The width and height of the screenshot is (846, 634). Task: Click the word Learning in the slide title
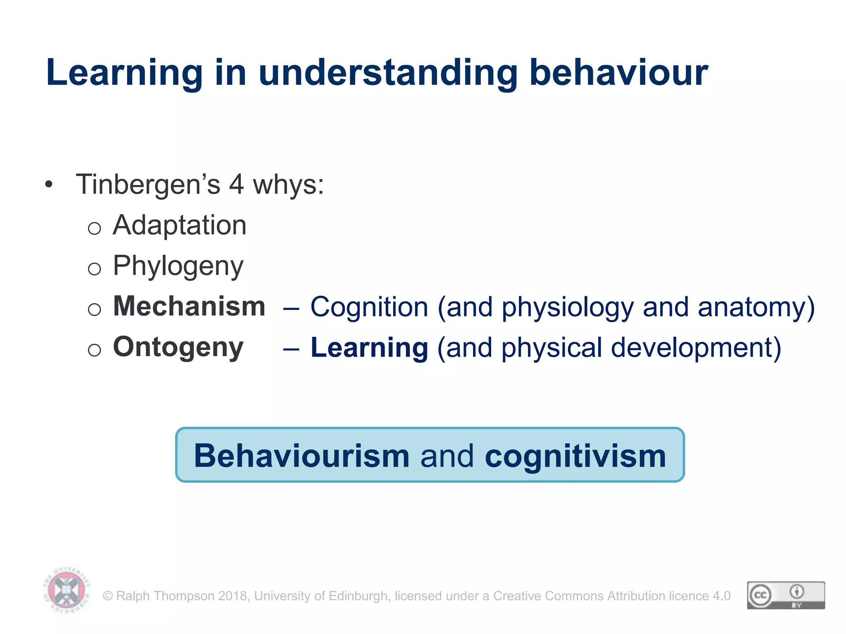(124, 73)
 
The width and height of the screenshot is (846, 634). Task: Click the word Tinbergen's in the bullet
(148, 185)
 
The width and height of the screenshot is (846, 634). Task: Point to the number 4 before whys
(236, 185)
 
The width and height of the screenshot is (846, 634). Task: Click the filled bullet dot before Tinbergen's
(49, 185)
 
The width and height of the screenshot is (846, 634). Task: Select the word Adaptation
(179, 225)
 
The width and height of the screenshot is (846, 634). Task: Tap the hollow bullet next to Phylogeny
(95, 269)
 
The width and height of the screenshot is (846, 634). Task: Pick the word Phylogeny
(178, 266)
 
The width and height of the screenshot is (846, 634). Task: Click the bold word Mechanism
(189, 307)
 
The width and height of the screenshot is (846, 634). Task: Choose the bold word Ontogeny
(178, 348)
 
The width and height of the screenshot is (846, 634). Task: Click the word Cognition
(369, 308)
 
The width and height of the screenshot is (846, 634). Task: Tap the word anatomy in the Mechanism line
(756, 308)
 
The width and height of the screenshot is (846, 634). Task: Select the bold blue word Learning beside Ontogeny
(369, 348)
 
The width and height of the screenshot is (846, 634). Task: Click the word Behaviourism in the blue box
(302, 456)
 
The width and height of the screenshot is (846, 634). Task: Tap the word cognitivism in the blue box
(575, 456)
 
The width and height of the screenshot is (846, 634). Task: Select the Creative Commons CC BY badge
(786, 595)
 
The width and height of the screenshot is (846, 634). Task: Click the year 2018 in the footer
(233, 596)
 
